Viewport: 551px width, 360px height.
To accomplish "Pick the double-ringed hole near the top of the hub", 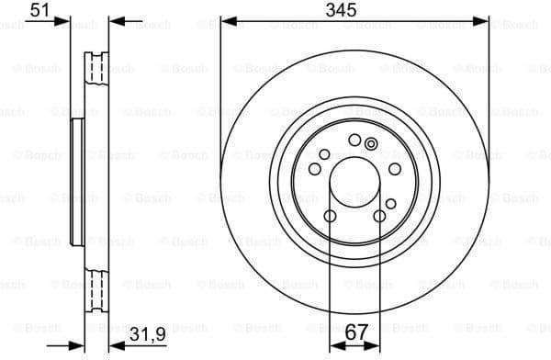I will tap(371, 143).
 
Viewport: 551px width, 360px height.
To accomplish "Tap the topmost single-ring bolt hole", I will tap(355, 140).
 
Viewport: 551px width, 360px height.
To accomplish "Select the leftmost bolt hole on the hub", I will tap(315, 169).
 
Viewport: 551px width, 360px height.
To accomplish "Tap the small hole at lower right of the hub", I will tap(389, 202).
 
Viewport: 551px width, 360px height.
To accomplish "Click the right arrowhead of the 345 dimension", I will tap(486, 19).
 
